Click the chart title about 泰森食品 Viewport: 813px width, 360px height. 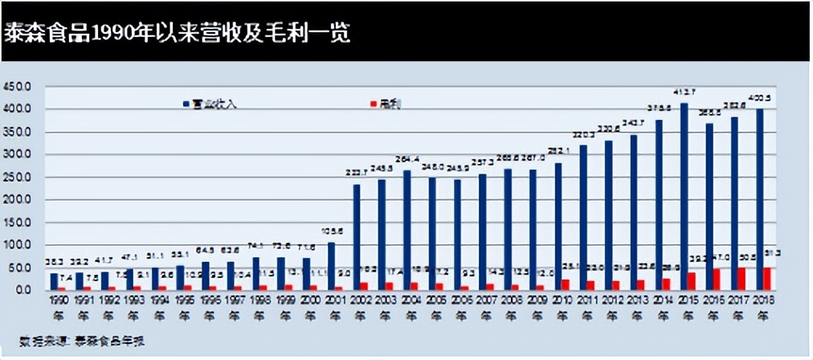[177, 35]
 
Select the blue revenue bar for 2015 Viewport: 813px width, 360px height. [684, 196]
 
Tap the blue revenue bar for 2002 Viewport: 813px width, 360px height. [356, 237]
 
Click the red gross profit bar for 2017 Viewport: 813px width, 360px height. [742, 278]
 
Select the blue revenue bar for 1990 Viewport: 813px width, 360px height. [54, 281]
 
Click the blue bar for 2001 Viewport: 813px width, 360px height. [331, 265]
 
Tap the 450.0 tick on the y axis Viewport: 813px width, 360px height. [17, 87]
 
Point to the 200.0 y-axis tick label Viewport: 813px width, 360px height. [17, 199]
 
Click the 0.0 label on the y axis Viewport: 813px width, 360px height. [22, 290]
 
